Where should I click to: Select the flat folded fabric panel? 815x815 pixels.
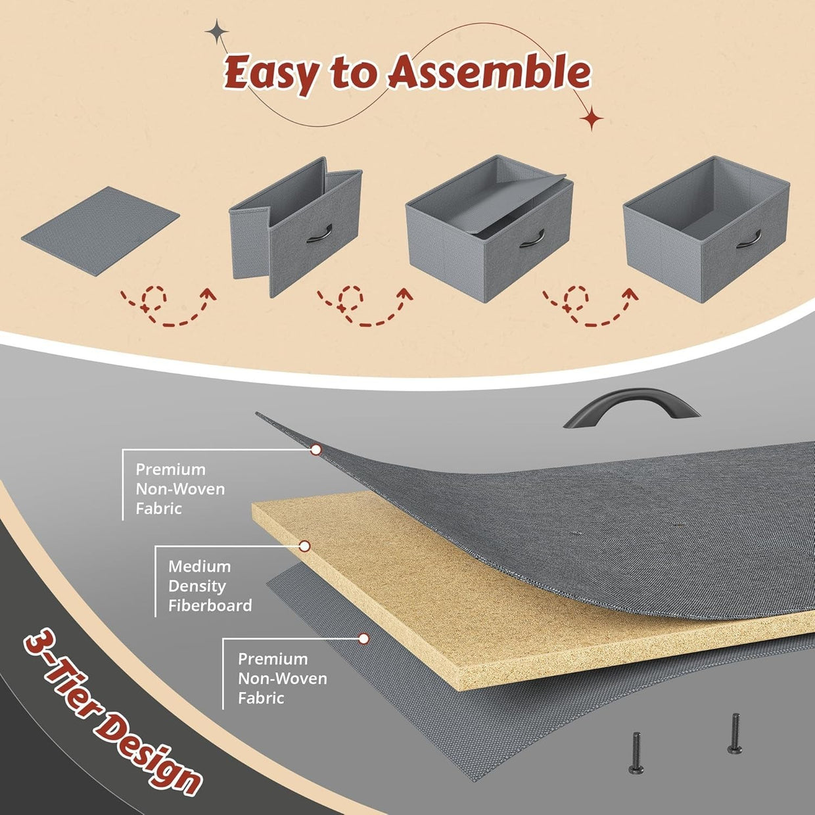click(x=101, y=231)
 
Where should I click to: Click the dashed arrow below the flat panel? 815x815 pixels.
click(x=168, y=307)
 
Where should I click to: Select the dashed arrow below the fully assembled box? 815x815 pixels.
click(x=590, y=307)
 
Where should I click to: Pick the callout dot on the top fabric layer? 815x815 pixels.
click(x=315, y=450)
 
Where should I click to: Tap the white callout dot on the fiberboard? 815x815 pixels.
click(x=304, y=546)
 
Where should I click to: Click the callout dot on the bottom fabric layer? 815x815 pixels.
click(x=363, y=639)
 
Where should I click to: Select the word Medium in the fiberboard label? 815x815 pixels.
click(x=200, y=567)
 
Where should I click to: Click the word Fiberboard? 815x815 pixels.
click(x=210, y=605)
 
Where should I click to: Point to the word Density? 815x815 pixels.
click(x=197, y=587)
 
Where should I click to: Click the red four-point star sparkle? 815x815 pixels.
click(x=592, y=118)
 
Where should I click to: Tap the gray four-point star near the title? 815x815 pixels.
click(x=217, y=32)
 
